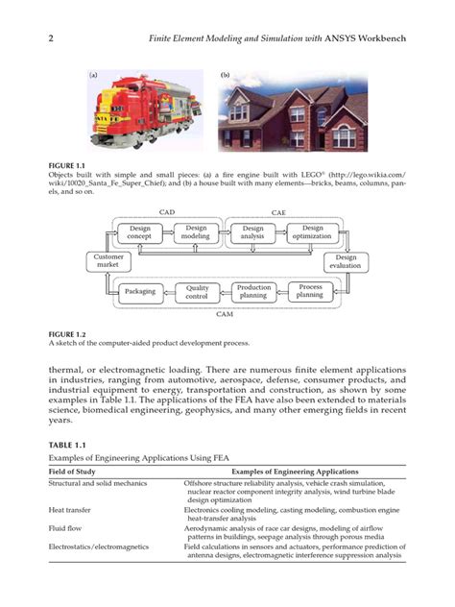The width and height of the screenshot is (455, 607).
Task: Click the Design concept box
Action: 140,232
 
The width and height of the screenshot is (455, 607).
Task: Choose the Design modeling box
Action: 196,232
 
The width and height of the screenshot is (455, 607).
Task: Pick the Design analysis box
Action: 253,232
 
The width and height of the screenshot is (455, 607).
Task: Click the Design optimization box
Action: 313,232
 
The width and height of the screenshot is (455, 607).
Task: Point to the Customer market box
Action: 107,261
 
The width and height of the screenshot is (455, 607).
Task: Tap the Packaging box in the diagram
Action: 140,291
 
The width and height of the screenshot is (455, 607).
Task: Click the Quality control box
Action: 197,291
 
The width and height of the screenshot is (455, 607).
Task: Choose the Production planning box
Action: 254,291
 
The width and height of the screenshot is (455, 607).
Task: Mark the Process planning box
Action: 310,291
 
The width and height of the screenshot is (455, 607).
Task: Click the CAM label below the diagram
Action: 224,314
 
